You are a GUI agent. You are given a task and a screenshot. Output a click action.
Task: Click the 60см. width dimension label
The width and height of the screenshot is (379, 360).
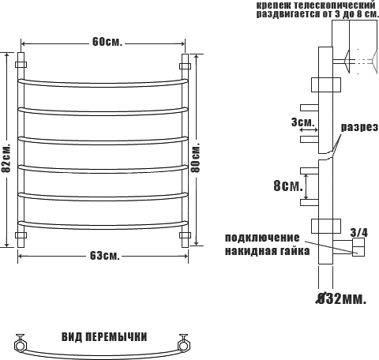(107, 42)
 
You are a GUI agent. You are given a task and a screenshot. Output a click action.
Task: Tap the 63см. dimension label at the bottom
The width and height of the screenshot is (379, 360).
(105, 255)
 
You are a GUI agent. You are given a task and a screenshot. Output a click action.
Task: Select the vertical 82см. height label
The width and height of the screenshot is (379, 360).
(6, 158)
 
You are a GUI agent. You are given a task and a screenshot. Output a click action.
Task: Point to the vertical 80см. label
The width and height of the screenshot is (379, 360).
(196, 157)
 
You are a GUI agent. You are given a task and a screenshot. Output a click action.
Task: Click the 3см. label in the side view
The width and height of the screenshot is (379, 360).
(302, 122)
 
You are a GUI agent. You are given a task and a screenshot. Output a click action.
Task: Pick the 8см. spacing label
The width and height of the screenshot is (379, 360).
(288, 186)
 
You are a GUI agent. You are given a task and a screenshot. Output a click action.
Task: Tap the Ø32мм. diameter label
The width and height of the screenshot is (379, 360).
(341, 298)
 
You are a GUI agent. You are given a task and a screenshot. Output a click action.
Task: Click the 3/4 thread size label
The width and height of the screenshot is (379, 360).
(359, 232)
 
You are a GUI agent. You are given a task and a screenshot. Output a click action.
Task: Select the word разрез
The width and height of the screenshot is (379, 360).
(360, 128)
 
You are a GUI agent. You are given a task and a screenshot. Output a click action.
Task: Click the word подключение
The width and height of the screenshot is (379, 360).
(262, 238)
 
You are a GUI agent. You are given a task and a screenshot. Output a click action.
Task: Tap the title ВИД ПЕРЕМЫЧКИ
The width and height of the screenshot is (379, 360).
(104, 337)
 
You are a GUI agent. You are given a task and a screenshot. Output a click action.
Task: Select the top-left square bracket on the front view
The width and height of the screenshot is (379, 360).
(21, 65)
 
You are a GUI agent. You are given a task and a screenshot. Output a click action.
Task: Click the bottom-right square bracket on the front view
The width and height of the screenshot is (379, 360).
(185, 235)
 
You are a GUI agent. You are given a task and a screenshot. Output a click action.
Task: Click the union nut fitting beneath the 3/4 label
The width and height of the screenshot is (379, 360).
(358, 247)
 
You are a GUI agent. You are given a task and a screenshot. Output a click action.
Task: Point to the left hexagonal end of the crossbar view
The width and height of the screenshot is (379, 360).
(20, 345)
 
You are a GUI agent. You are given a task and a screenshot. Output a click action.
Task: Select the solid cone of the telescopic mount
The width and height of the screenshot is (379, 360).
(347, 62)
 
